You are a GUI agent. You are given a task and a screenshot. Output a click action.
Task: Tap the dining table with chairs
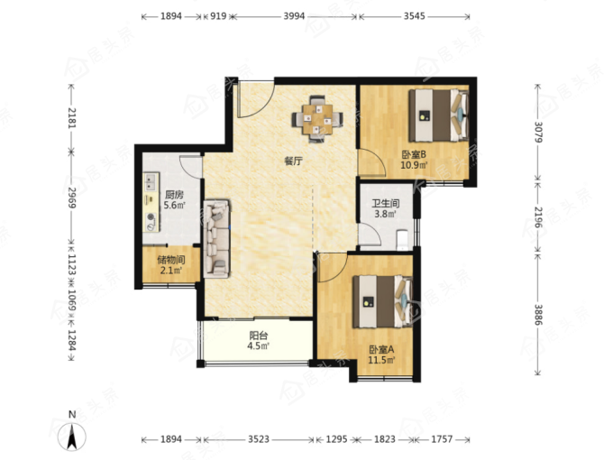click(317, 118)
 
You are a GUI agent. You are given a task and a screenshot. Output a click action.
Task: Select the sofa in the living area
click(216, 239)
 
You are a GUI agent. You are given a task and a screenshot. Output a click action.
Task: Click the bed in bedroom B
click(438, 115)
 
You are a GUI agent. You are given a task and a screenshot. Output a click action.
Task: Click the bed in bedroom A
click(382, 301)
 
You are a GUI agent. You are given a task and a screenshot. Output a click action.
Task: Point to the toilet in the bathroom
click(402, 239)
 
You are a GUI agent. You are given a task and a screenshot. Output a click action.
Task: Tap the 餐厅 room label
click(294, 161)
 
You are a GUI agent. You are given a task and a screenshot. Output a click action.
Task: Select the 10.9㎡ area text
click(414, 165)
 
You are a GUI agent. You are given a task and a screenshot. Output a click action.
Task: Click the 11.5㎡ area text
click(381, 360)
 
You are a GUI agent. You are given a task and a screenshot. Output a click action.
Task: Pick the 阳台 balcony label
click(259, 336)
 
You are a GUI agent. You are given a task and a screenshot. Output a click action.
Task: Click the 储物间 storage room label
click(171, 260)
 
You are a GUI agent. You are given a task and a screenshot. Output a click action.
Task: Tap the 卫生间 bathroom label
click(386, 204)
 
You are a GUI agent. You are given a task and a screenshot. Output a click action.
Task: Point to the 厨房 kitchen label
click(174, 195)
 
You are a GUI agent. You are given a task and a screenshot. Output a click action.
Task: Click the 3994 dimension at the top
click(294, 16)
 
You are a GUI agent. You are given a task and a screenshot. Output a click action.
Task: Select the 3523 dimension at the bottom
click(259, 439)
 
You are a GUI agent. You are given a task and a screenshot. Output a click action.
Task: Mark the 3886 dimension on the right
click(538, 315)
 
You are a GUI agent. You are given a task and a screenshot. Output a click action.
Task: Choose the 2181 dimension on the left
click(72, 117)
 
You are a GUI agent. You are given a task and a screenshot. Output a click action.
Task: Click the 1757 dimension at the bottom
click(442, 439)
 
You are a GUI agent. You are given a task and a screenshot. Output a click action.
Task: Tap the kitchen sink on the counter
click(151, 181)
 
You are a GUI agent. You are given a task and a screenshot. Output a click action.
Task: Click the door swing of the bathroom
click(370, 235)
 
